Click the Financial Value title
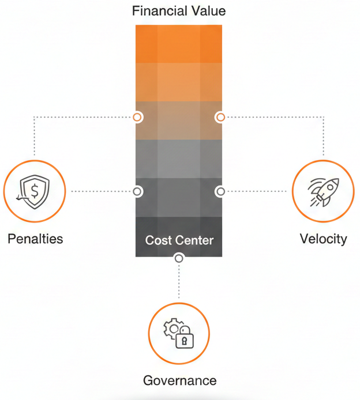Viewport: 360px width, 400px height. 179,11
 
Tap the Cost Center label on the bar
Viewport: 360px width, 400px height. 179,240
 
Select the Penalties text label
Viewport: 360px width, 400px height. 35,239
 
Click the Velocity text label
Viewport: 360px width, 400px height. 323,239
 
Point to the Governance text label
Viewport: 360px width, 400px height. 179,380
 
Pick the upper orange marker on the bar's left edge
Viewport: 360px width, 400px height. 137,117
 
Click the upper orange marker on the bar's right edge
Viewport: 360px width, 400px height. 220,117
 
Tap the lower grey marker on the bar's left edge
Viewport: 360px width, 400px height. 137,191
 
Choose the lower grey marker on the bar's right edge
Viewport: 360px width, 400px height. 220,191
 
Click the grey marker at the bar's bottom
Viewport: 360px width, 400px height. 179,258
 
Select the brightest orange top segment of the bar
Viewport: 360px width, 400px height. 179,43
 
